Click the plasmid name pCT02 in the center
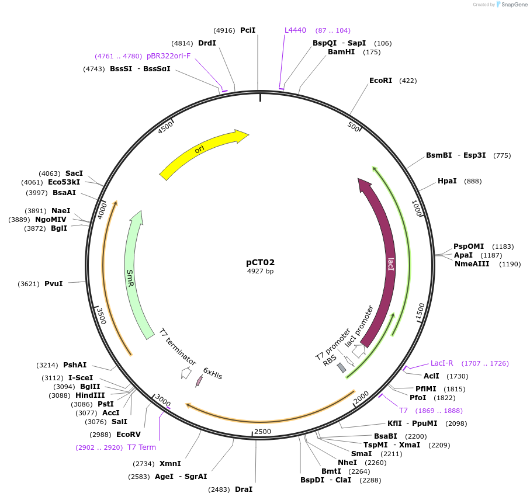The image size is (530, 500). [260, 262]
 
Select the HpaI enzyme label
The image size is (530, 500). [447, 181]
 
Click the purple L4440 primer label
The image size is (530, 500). [295, 30]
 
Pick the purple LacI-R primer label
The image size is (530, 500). [442, 363]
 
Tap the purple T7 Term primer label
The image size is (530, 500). [141, 447]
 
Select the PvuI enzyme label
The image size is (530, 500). [53, 284]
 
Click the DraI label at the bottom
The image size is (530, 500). [244, 489]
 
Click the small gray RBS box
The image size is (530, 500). [342, 368]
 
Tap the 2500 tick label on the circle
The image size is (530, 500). [262, 431]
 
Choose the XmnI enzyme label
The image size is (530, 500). [170, 464]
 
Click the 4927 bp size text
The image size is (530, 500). [260, 271]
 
